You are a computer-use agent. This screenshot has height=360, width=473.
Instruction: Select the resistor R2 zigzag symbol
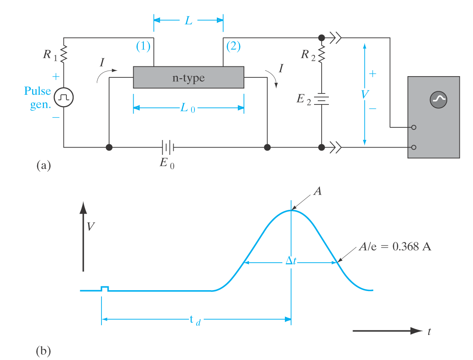pos(322,54)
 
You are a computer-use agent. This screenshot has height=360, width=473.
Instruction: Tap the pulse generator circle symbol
pos(64,97)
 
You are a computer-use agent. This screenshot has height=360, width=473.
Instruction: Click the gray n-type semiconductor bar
pos(189,77)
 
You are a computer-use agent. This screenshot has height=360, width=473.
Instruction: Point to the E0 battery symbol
pos(168,148)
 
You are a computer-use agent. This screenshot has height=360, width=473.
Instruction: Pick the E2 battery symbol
pos(322,99)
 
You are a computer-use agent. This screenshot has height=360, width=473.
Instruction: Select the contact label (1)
pos(143,47)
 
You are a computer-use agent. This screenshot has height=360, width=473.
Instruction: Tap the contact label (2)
pos(233,47)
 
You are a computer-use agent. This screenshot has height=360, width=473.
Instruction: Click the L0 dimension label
pos(188,108)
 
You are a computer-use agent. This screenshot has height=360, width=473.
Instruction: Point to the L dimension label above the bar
pos(189,20)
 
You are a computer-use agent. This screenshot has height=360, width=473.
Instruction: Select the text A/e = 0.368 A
pos(394,247)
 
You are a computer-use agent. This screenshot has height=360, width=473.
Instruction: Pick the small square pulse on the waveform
pos(105,289)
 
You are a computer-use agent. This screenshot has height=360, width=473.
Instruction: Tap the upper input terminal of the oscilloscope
pos(413,127)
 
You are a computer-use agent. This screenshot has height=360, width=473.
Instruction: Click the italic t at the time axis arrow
pos(429,332)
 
